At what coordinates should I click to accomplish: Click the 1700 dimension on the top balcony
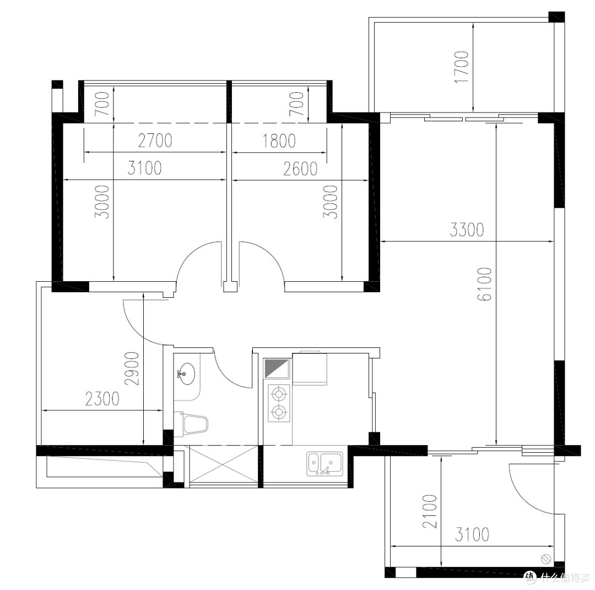[x=462, y=67]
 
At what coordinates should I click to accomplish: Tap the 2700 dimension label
[x=155, y=141]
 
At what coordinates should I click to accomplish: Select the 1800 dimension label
[x=279, y=141]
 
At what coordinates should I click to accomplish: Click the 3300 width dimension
[x=467, y=229]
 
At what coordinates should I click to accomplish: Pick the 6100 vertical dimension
[x=484, y=284]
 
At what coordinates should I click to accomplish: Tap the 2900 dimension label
[x=132, y=368]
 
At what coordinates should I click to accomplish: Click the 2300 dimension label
[x=102, y=399]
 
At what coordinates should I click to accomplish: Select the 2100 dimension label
[x=430, y=511]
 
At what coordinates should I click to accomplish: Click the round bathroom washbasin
[x=186, y=373]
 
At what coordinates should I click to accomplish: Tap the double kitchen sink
[x=325, y=464]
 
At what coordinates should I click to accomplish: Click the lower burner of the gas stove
[x=279, y=411]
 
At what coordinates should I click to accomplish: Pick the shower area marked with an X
[x=223, y=465]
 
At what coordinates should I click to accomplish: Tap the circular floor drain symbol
[x=545, y=559]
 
